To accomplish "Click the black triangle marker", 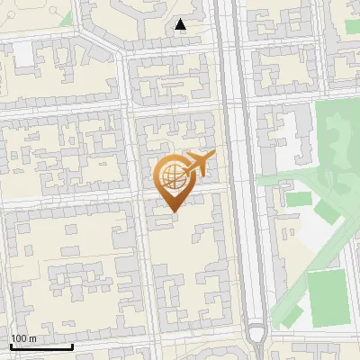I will click(x=181, y=25).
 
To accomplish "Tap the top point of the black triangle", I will click(x=181, y=19).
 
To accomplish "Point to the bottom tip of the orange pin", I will click(x=173, y=212).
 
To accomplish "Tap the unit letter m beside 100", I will click(x=32, y=338).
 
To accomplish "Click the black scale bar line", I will click(x=41, y=346).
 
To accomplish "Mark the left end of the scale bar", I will click(x=11, y=346).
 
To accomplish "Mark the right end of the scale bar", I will click(x=72, y=346).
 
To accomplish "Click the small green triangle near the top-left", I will click(x=66, y=18).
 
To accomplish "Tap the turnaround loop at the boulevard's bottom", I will click(x=257, y=335).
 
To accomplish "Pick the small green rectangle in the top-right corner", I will click(x=352, y=26).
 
